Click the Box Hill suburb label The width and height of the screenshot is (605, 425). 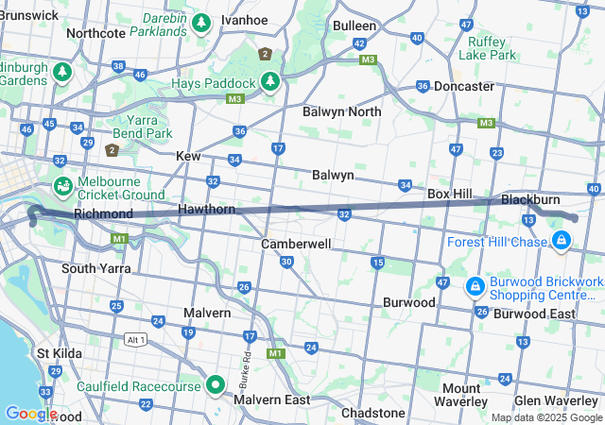click(450, 193)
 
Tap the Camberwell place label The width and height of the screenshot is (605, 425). click(296, 244)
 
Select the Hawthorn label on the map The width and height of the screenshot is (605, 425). click(207, 209)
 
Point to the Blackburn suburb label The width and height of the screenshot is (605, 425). click(530, 199)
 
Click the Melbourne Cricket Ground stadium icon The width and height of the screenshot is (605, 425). click(63, 185)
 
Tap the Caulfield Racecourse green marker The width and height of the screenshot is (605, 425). click(215, 384)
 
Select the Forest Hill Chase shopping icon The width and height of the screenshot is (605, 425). click(562, 241)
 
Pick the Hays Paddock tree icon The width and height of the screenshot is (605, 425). click(269, 82)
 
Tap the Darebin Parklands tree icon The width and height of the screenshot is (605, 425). click(200, 23)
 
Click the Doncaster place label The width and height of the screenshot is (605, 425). click(464, 86)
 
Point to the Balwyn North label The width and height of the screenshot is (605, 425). click(342, 111)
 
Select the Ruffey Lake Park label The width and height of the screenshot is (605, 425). click(487, 48)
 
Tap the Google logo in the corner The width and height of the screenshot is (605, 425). click(30, 414)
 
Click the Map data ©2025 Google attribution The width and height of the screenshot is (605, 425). click(545, 417)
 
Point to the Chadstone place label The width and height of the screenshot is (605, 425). click(373, 414)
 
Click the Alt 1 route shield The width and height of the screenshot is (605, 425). click(137, 339)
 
